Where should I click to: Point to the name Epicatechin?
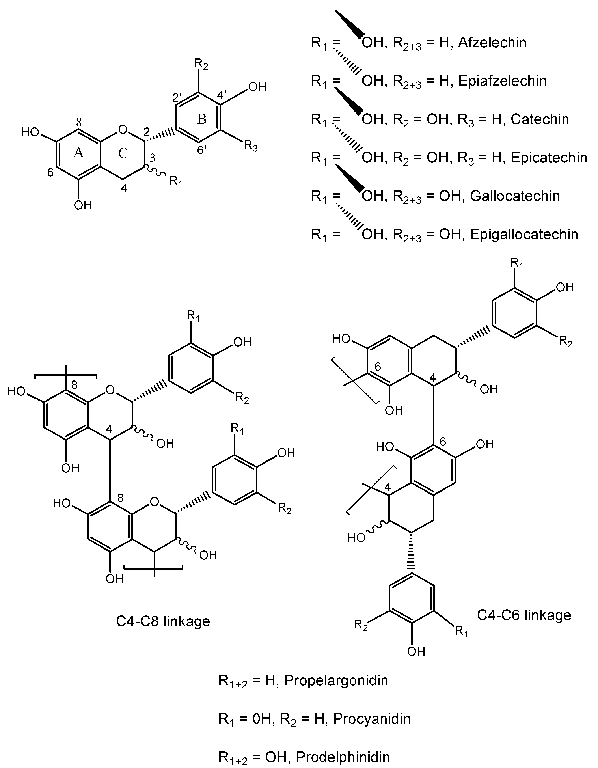(x=549, y=158)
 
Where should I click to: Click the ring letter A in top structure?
(x=78, y=153)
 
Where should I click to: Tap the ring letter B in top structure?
(x=201, y=119)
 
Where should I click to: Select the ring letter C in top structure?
(x=123, y=153)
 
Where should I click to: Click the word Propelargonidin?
(x=336, y=680)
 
